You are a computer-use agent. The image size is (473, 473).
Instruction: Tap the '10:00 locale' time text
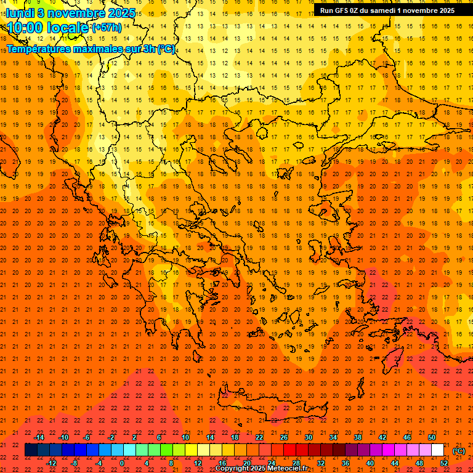(47, 28)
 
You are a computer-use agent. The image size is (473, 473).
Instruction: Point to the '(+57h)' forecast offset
(107, 28)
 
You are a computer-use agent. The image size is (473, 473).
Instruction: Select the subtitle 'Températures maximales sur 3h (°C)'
(91, 49)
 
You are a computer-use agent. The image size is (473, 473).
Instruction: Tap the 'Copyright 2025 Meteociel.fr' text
(261, 469)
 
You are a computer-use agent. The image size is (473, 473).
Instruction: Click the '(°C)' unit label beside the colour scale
(458, 451)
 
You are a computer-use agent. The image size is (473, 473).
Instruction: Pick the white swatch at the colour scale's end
(438, 450)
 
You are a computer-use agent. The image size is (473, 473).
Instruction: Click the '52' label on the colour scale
(444, 463)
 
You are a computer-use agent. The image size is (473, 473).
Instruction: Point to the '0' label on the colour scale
(122, 463)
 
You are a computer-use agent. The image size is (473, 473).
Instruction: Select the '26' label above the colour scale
(284, 437)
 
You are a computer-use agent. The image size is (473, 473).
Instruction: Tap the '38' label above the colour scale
(358, 437)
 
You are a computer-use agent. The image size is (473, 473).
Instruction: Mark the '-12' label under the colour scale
(51, 463)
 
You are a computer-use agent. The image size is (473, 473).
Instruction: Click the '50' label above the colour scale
(432, 437)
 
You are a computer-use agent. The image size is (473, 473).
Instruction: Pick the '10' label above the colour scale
(185, 437)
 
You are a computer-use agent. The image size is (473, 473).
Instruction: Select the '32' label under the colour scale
(321, 463)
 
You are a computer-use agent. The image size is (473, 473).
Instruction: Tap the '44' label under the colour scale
(395, 463)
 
